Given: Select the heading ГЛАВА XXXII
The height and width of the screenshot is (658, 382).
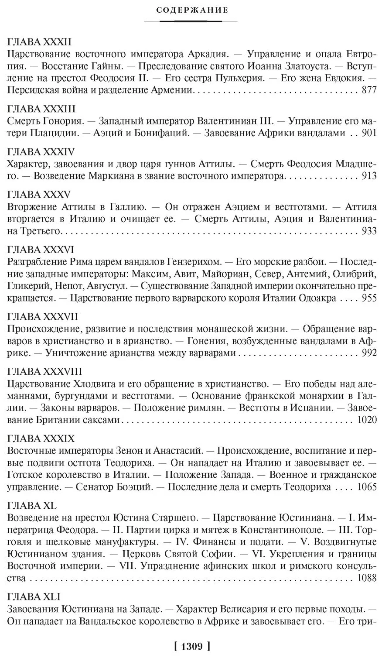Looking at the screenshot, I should point(40,42).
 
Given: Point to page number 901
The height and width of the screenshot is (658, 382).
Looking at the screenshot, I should point(369,133).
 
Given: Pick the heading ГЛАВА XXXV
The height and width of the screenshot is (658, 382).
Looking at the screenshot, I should point(39,194).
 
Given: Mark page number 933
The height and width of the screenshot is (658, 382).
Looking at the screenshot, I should point(369,231).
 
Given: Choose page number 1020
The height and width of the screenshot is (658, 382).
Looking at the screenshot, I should point(367,420).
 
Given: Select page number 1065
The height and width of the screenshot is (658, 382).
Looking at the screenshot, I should point(367,487).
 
